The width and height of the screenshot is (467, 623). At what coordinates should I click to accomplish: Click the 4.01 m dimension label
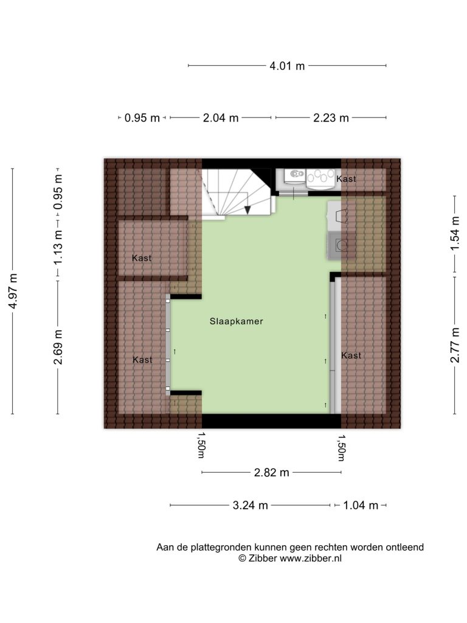(287, 66)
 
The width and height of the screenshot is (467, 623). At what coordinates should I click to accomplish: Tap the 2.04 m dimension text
(221, 118)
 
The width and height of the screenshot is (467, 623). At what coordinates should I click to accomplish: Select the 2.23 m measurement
(331, 118)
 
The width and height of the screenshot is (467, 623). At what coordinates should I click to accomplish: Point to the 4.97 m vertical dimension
(13, 291)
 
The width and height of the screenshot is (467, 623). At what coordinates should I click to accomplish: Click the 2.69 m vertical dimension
(58, 347)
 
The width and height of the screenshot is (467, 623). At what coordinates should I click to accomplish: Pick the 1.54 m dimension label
(455, 234)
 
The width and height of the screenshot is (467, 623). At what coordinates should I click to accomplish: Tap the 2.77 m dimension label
(455, 345)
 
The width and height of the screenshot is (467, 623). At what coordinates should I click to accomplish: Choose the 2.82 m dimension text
(272, 473)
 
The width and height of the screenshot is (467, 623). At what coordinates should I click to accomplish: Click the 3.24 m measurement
(250, 506)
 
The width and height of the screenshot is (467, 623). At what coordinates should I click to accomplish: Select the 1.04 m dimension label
(361, 506)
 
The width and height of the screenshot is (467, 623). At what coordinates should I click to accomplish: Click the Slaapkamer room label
(237, 321)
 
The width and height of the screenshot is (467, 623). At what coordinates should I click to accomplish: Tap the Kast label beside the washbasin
(346, 179)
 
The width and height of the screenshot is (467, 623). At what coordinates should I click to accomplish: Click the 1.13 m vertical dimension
(58, 248)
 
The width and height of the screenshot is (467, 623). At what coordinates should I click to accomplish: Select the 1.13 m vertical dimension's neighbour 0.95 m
(58, 193)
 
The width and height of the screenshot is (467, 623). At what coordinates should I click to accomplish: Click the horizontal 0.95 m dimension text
(142, 118)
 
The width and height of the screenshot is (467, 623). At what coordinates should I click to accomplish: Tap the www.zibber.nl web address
(311, 559)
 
